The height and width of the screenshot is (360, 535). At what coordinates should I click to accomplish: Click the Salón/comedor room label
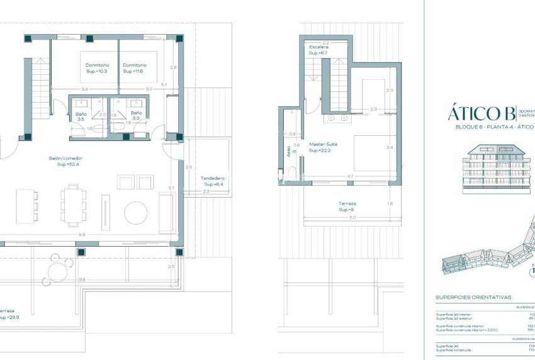tap(65, 162)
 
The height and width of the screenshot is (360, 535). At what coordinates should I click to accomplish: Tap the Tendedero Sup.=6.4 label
tap(213, 181)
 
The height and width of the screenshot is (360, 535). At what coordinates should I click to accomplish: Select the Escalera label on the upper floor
tap(318, 50)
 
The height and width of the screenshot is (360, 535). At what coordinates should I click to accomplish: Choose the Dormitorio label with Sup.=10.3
tap(98, 68)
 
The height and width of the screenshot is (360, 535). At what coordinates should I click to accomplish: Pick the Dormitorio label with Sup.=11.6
tap(135, 68)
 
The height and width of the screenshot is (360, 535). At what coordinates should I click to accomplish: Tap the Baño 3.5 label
tap(81, 116)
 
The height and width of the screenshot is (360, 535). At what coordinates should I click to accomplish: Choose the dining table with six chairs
tap(72, 205)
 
